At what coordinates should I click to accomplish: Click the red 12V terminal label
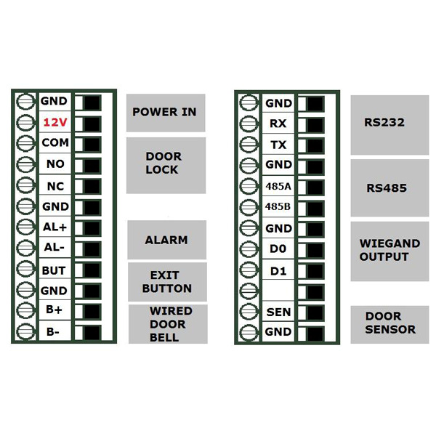tap(54, 123)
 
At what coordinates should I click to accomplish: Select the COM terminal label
tap(54, 143)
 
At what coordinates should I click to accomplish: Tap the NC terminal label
tap(54, 185)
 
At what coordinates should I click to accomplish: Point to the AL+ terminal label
tap(54, 227)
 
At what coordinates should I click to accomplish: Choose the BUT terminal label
tap(54, 270)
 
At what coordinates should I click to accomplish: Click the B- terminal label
tap(54, 332)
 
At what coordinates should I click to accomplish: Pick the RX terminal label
tap(278, 124)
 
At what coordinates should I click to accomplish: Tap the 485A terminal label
tap(278, 186)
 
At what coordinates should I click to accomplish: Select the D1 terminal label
tap(278, 270)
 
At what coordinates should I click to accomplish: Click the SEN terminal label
tap(278, 312)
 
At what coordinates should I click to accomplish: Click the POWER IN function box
tap(166, 113)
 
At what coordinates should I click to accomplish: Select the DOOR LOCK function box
tap(166, 165)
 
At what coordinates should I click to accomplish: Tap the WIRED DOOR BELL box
tap(168, 324)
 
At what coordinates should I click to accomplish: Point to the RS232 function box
tap(389, 124)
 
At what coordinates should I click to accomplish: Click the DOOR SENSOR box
tap(389, 324)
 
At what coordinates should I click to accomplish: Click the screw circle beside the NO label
tap(25, 164)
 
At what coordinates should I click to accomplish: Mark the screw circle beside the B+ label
tap(25, 312)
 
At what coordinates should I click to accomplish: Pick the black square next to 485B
tap(314, 208)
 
